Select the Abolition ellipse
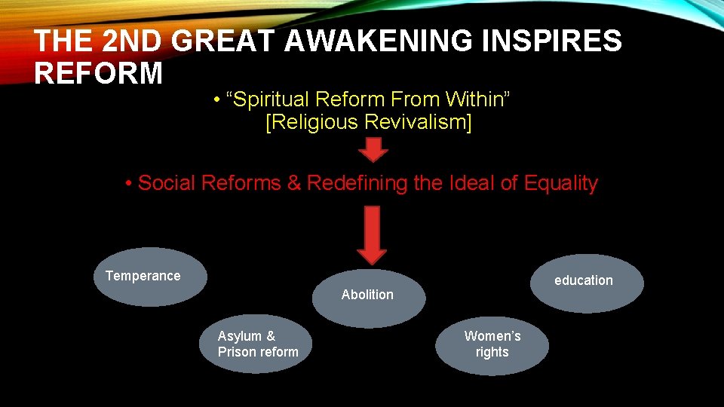368,298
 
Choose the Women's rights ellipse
492,344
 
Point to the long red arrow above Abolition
371,234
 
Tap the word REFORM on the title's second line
99,74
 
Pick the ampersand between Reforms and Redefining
293,183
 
